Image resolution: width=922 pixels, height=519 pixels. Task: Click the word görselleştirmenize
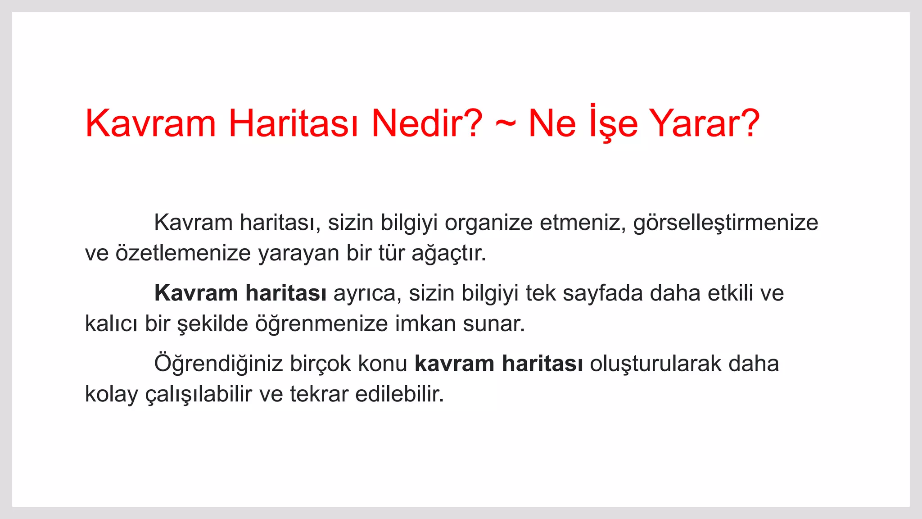725,223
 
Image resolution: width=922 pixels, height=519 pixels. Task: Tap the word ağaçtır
449,253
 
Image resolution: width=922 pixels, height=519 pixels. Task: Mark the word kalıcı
111,324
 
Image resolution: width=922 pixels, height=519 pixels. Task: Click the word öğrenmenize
321,324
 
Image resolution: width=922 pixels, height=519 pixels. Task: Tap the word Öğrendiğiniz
218,364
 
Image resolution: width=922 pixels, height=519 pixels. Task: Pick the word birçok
320,364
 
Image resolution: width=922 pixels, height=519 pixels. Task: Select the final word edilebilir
399,395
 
